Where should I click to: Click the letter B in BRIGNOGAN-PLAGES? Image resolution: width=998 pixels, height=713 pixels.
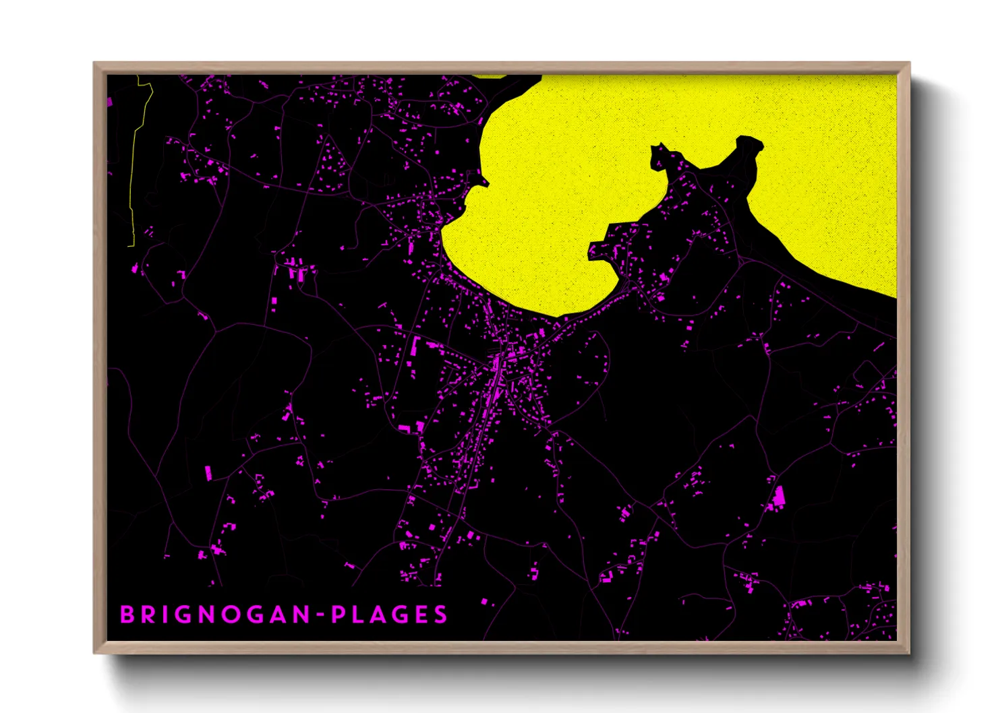[126, 615]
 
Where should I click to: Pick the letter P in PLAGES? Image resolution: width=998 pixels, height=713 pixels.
[339, 615]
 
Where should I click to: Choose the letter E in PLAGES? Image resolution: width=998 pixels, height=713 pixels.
[421, 615]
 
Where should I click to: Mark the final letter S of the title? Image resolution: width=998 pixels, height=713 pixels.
[441, 615]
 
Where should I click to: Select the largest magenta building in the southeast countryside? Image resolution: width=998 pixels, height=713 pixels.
[779, 497]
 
